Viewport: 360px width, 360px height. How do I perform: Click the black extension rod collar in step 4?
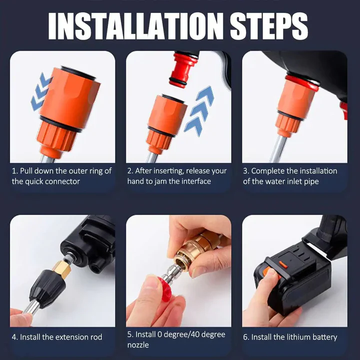point(43,287)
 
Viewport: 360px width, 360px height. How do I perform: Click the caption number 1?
point(14,171)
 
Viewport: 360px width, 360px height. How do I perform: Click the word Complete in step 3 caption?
point(269,171)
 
